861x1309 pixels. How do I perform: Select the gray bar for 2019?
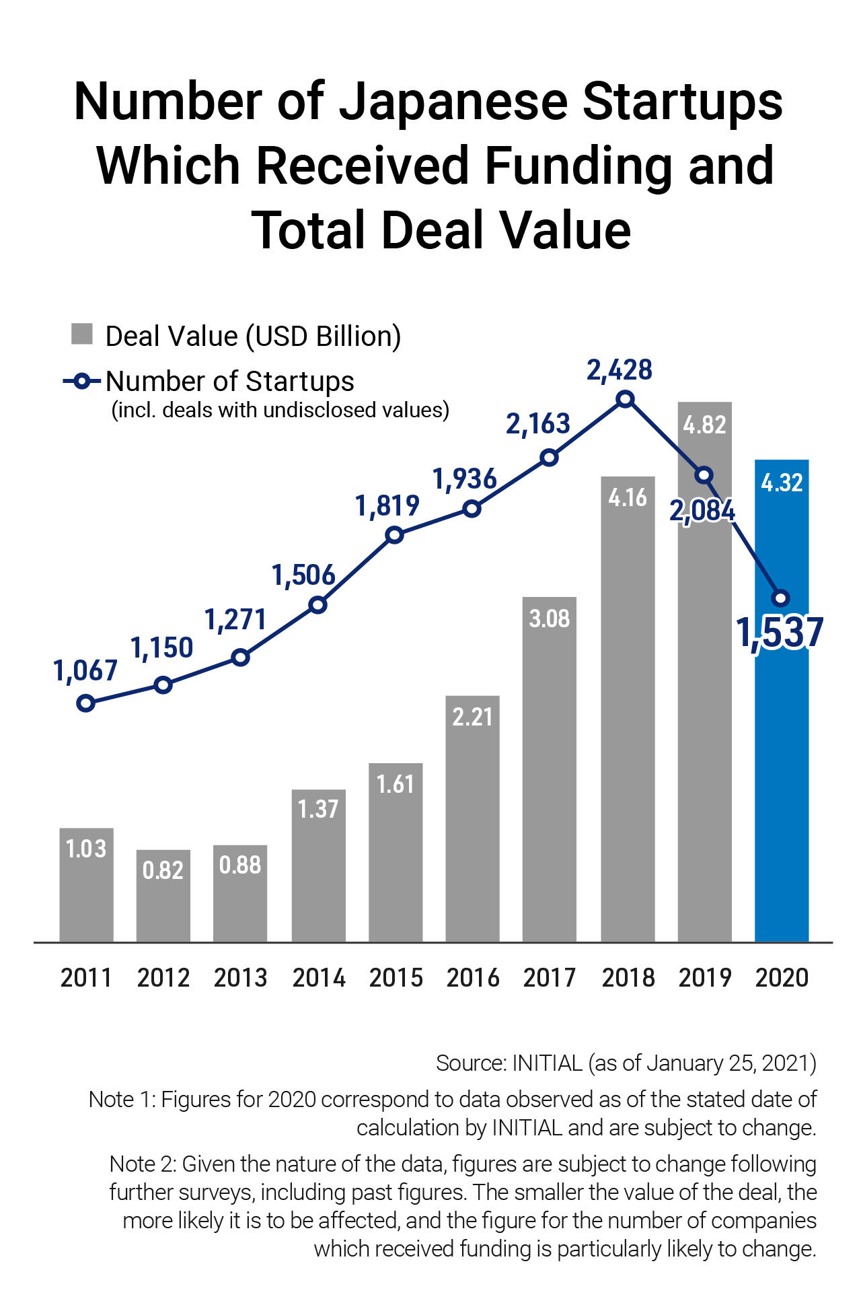point(704,707)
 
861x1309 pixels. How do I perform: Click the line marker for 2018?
point(626,399)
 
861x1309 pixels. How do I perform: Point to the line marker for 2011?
point(85,703)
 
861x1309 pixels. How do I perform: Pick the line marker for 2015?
point(395,536)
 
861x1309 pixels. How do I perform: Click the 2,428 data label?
point(620,370)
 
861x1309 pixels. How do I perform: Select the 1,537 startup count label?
point(780,633)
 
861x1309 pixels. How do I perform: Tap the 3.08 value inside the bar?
point(549,618)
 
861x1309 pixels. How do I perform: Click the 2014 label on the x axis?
point(318,978)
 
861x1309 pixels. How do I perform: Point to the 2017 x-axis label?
point(549,978)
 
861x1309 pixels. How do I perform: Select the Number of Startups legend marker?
point(81,382)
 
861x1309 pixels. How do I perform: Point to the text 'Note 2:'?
point(143,1164)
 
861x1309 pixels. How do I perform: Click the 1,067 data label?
point(85,670)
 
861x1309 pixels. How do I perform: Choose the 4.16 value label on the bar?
point(627,497)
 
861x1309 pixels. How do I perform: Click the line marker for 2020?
point(781,598)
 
